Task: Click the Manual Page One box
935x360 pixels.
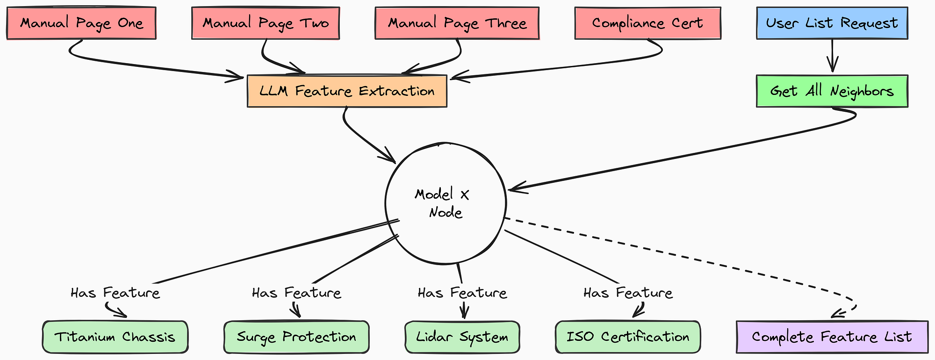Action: [81, 23]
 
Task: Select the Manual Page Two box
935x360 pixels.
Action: [266, 23]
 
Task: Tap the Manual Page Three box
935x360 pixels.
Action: [457, 23]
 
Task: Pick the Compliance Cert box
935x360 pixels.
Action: [647, 23]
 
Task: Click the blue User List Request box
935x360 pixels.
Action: [832, 23]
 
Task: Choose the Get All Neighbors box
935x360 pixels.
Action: [832, 91]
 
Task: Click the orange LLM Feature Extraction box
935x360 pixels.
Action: [347, 91]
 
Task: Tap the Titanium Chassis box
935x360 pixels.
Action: [115, 337]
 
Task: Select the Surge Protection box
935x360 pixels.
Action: [296, 337]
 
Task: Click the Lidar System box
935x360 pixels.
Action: [462, 337]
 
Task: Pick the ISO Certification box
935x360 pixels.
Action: [628, 337]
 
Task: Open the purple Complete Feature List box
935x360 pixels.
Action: [832, 337]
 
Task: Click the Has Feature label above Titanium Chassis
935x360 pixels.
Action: [115, 293]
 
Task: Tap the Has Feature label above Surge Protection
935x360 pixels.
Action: [296, 293]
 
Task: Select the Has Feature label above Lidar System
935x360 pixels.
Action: [462, 293]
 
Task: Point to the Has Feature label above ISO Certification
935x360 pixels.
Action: [628, 293]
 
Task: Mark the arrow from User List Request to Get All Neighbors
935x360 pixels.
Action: [832, 56]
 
